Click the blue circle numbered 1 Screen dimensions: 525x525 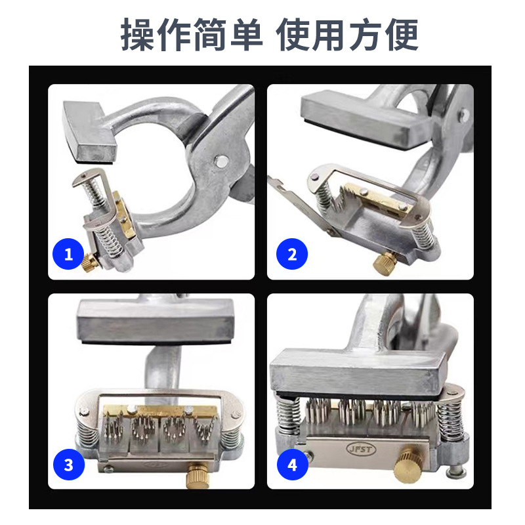tap(68, 254)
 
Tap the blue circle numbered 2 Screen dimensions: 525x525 tap(291, 254)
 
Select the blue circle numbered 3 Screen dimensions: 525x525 tap(69, 465)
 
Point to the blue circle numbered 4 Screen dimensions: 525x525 tap(292, 465)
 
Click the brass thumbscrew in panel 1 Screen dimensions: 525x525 tap(89, 262)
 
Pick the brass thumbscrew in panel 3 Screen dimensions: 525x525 tap(198, 474)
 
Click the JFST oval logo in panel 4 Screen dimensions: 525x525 tap(361, 449)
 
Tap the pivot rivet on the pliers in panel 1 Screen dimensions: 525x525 tap(221, 161)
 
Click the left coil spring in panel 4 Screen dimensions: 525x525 tap(288, 415)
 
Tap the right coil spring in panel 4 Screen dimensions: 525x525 tap(450, 419)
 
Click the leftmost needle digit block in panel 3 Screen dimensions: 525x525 tap(114, 431)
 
